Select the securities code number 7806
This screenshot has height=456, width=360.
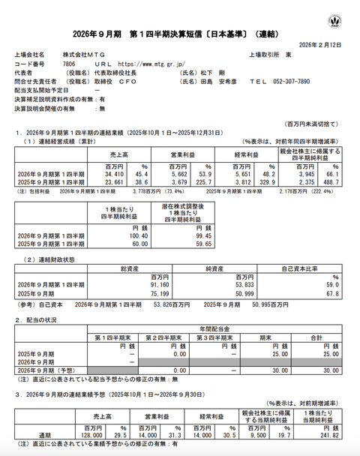point(68,64)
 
